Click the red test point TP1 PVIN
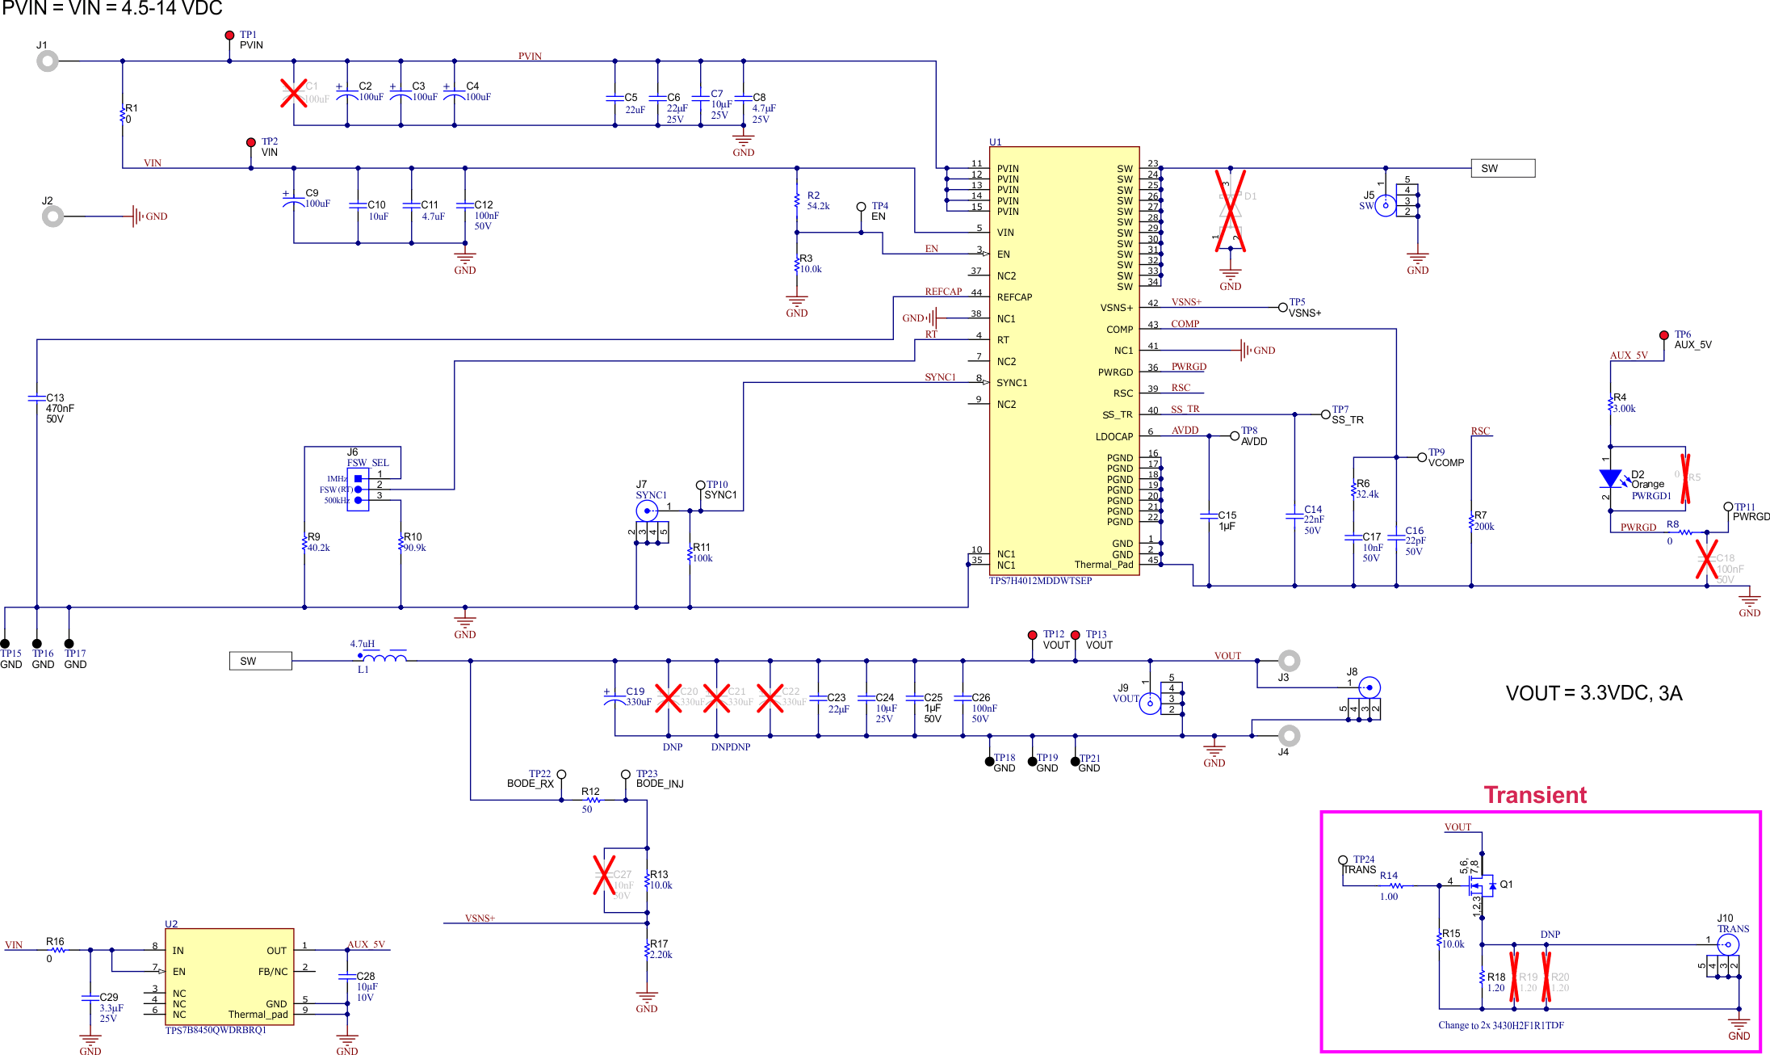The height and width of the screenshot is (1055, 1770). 229,36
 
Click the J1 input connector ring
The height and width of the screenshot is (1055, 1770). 48,61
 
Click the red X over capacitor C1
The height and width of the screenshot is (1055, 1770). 294,93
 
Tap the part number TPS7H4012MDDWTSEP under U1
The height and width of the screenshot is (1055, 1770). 1040,581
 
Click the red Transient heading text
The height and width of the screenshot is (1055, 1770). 1535,795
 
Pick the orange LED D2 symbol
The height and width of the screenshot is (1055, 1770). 1610,479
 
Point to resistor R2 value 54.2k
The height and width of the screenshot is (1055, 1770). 818,206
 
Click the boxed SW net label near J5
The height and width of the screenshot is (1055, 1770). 1502,168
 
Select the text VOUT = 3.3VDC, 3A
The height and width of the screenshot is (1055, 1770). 1593,693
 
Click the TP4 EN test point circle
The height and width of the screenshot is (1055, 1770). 861,207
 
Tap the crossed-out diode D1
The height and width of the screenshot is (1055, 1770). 1230,211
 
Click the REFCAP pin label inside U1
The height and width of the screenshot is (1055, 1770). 1014,297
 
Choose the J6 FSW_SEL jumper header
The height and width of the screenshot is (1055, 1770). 358,489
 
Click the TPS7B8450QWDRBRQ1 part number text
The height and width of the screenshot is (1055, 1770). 216,1030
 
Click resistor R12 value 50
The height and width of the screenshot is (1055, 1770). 587,809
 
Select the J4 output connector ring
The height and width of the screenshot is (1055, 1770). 1289,735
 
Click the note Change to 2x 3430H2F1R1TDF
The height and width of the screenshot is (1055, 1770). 1500,1025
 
